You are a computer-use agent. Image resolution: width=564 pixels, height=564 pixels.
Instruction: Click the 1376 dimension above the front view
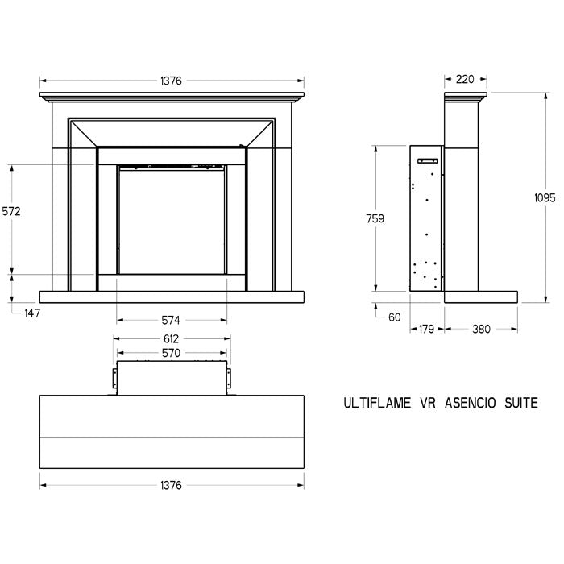tap(171, 81)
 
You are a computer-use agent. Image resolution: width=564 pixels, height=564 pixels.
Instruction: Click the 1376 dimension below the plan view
tap(171, 486)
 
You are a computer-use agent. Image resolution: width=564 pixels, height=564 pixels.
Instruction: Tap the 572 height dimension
tap(11, 211)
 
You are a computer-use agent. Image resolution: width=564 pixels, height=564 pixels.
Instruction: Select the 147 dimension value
tap(32, 313)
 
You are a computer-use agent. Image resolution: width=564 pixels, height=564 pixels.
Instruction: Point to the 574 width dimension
tap(171, 320)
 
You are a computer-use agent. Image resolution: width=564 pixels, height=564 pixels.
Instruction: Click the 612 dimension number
tap(171, 339)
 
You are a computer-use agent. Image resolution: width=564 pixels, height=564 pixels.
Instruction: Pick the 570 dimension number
tap(171, 353)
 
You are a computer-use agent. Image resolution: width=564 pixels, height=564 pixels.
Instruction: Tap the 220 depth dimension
tap(465, 79)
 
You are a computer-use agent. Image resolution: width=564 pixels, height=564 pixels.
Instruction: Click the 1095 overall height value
tap(545, 198)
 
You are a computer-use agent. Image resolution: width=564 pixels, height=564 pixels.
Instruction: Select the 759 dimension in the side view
tap(375, 218)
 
